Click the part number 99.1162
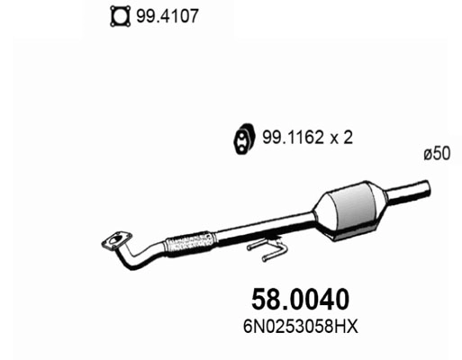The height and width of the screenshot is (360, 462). point(289,139)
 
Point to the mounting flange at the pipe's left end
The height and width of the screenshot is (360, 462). point(114,240)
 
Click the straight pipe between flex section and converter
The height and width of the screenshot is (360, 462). point(261,229)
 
